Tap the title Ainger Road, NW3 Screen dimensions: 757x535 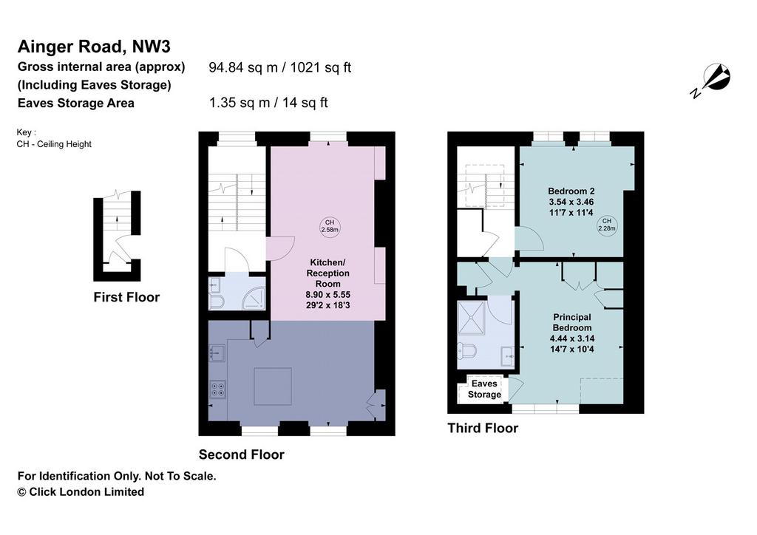tap(94, 47)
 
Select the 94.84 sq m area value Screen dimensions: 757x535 tap(243, 67)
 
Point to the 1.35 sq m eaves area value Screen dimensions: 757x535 tap(240, 103)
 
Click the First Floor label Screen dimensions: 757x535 tap(126, 297)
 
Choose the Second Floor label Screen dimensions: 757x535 tap(242, 454)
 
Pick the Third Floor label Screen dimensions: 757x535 tap(483, 429)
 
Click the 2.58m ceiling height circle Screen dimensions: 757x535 tap(330, 226)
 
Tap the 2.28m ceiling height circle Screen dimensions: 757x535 tap(607, 225)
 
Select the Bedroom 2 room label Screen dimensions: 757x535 tap(571, 191)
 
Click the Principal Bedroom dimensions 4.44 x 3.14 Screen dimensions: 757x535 tap(572, 338)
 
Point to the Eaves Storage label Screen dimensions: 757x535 tap(484, 389)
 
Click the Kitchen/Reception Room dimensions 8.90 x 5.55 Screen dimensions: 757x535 tap(327, 295)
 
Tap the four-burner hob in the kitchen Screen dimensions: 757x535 tap(218, 389)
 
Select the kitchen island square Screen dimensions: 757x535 tap(273, 386)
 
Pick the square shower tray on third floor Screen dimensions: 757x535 tap(471, 318)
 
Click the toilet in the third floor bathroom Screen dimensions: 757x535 tap(466, 350)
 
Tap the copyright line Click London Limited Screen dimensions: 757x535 tap(81, 492)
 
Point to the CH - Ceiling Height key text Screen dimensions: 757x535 tap(54, 144)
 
